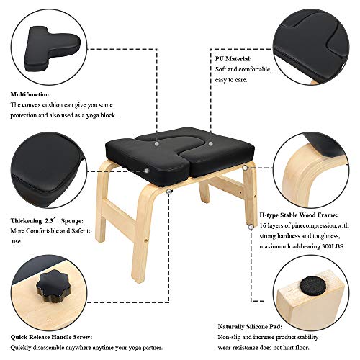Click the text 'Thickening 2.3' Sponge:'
(x=48, y=220)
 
